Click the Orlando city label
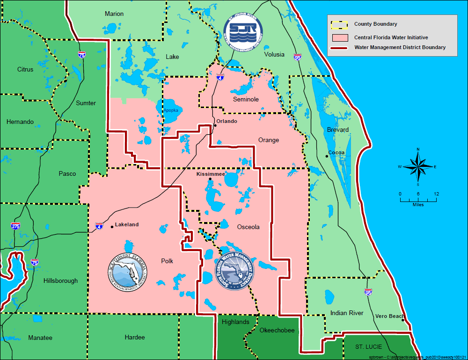[x=227, y=122]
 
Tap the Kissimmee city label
[x=210, y=173]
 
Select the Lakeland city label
[x=126, y=225]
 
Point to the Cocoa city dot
[x=327, y=156]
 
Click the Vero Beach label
[x=389, y=317]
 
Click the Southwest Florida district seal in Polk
[x=128, y=273]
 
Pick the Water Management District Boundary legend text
[x=400, y=47]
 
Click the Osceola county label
[x=248, y=227]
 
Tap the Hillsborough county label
[x=60, y=281]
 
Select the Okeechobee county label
[x=277, y=331]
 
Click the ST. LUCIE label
[x=368, y=347]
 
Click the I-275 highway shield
[x=15, y=226]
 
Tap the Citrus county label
[x=25, y=70]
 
